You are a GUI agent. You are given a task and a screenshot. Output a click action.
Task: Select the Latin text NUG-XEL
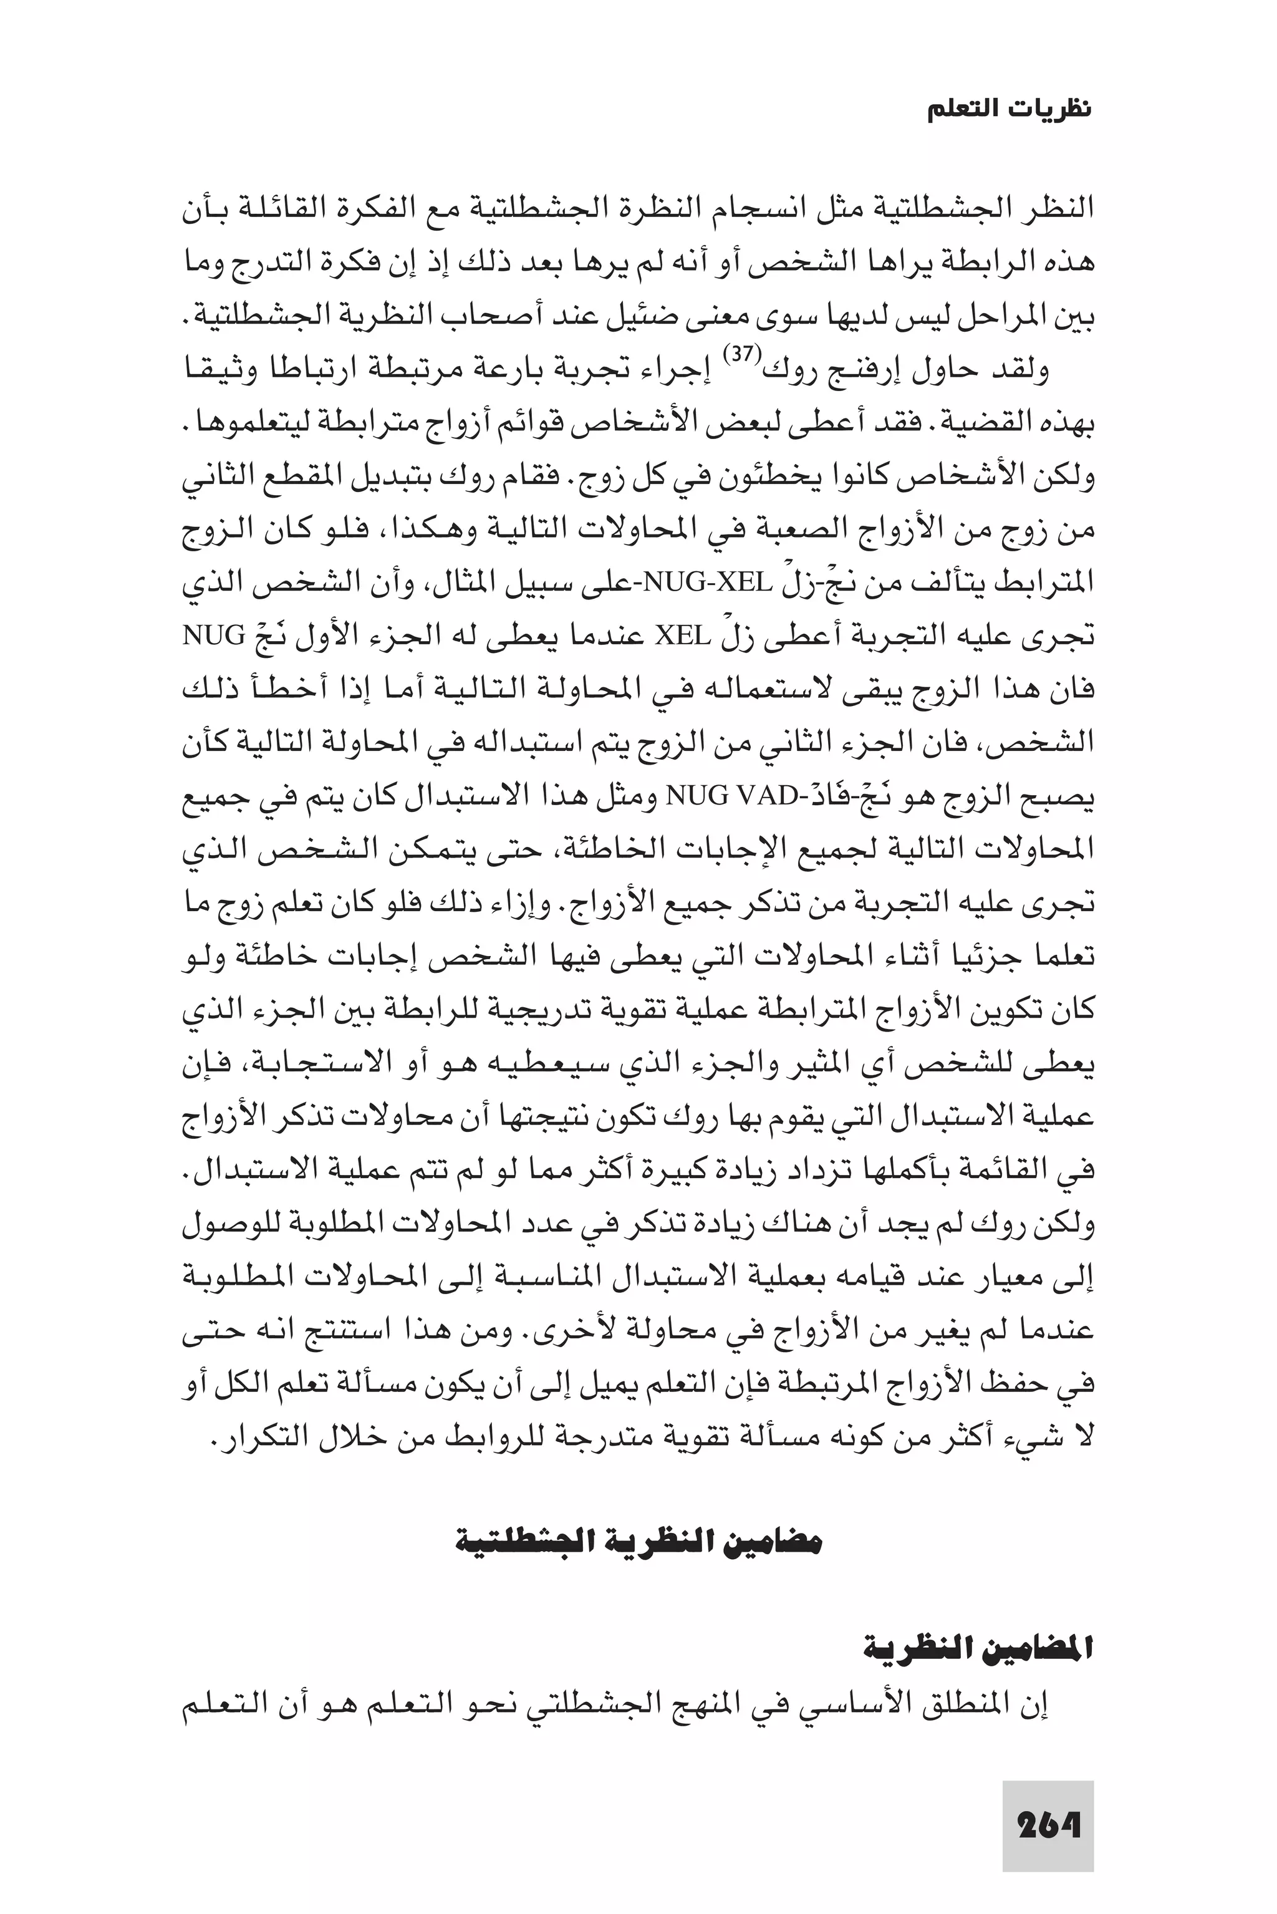point(706,582)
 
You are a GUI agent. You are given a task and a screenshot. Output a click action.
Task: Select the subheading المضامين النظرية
point(977,1648)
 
